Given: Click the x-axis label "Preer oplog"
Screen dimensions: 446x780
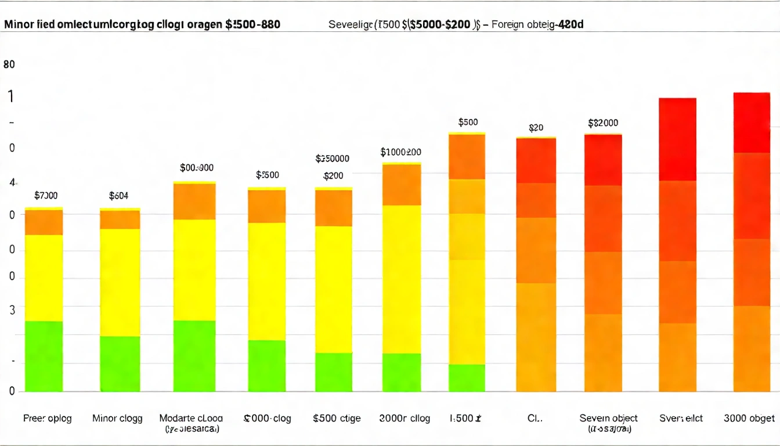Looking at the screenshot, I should pyautogui.click(x=48, y=418).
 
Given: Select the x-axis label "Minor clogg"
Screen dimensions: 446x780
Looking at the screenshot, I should pyautogui.click(x=117, y=418).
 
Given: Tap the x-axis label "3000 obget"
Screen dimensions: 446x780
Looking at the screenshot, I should pyautogui.click(x=749, y=418).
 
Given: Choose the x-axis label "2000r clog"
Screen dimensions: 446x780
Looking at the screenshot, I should pyautogui.click(x=405, y=418).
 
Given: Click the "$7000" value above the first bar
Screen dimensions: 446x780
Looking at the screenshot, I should pyautogui.click(x=46, y=196).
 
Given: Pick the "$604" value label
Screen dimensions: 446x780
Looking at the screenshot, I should pyautogui.click(x=118, y=196).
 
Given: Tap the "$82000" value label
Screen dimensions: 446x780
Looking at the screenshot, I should pyautogui.click(x=603, y=123).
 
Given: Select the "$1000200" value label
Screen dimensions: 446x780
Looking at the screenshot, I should pyautogui.click(x=400, y=152).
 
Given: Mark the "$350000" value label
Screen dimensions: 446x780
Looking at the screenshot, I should pyautogui.click(x=332, y=159).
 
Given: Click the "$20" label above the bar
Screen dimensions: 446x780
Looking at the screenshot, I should pyautogui.click(x=536, y=128).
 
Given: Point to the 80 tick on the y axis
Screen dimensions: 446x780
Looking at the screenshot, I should pyautogui.click(x=9, y=65).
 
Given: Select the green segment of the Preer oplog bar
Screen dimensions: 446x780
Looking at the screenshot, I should pyautogui.click(x=44, y=356).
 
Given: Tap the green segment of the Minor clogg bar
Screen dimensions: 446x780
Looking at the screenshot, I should pyautogui.click(x=120, y=364).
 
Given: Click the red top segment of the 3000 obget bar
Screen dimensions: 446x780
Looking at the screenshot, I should pyautogui.click(x=752, y=123).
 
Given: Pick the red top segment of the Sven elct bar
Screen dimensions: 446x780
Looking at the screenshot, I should pyautogui.click(x=677, y=139).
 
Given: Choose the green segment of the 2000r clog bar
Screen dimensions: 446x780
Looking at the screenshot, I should pyautogui.click(x=402, y=372).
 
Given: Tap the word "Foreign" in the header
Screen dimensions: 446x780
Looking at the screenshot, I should pyautogui.click(x=508, y=25).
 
